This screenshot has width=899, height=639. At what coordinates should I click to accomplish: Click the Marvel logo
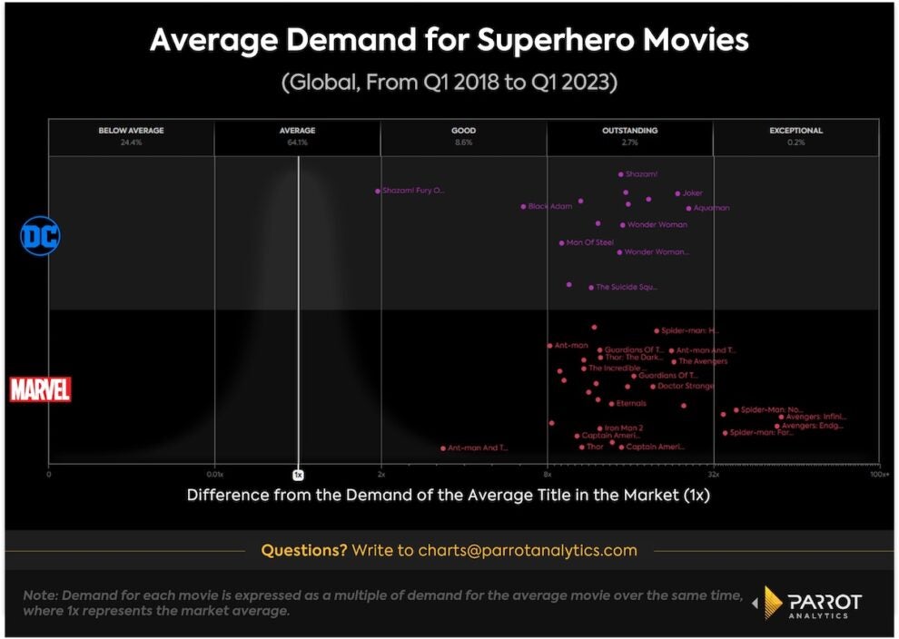coord(40,389)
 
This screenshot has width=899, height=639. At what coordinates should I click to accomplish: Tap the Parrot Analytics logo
coord(811,603)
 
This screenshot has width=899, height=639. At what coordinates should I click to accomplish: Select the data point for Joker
coord(677,193)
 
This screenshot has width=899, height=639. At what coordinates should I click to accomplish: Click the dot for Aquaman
coord(689,208)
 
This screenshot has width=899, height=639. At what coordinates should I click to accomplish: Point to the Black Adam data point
coord(523,207)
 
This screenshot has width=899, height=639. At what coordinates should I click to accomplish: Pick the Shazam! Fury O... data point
coord(377,191)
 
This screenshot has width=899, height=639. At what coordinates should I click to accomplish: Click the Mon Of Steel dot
coord(561,243)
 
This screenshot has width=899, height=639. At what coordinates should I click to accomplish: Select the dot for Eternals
coord(611,403)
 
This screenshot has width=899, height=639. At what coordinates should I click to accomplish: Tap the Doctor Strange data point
coord(652,387)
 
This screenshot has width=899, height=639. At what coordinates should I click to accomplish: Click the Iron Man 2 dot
coord(599,428)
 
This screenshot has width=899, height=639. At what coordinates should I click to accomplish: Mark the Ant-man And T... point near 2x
coord(443,447)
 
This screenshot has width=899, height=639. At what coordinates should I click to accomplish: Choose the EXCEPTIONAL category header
coord(795,131)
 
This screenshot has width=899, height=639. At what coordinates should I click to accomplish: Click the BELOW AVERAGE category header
coord(131,131)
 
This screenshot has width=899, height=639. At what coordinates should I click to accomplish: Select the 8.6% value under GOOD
coord(463,143)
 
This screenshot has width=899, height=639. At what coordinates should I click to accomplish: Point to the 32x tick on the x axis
coord(714,475)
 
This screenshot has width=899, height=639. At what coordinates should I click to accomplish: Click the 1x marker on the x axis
coord(297,475)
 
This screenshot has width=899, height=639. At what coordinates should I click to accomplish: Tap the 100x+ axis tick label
coord(878,475)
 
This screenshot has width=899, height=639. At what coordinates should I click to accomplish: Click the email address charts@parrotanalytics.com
coord(528,550)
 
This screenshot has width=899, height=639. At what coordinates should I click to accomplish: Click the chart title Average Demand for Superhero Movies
coord(449,41)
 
